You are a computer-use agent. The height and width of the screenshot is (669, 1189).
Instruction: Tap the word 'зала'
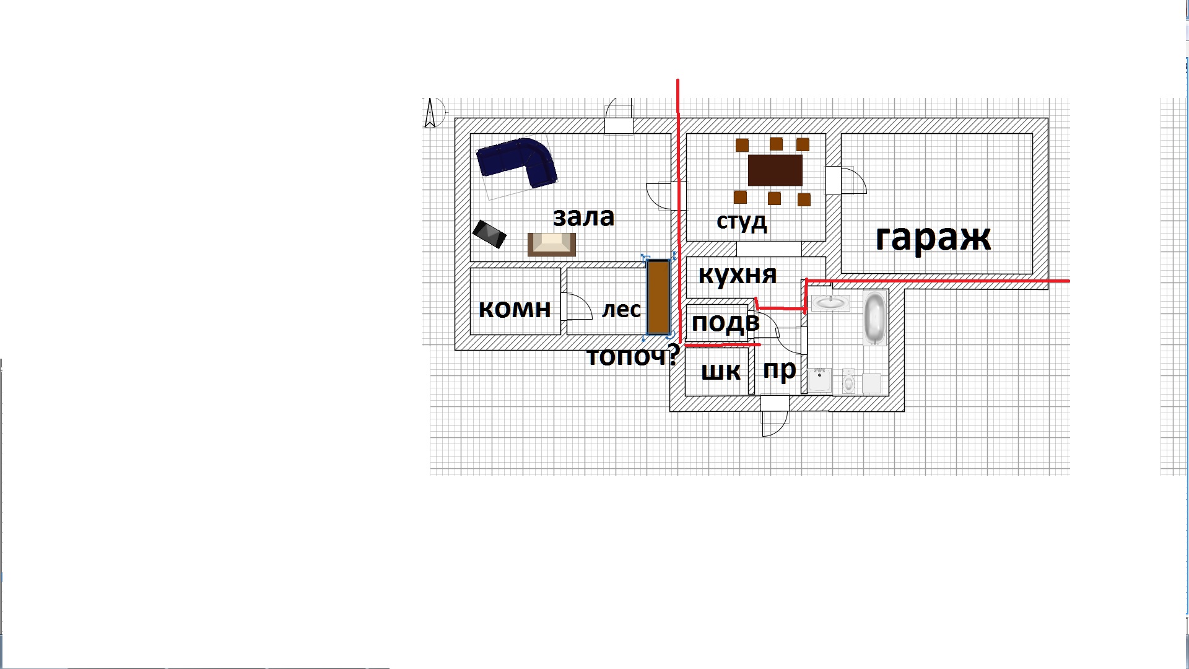pyautogui.click(x=583, y=217)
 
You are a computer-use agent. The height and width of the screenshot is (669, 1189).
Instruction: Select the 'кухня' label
pyautogui.click(x=738, y=274)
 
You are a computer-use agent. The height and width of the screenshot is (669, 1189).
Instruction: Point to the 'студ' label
pyautogui.click(x=742, y=222)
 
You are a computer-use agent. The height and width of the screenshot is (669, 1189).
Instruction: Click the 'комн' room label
pyautogui.click(x=515, y=308)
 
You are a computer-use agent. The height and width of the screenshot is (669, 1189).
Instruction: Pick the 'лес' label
pyautogui.click(x=621, y=309)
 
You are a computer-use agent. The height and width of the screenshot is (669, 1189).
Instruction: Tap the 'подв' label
pyautogui.click(x=725, y=323)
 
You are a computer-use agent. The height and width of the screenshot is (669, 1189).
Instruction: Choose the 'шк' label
pyautogui.click(x=721, y=372)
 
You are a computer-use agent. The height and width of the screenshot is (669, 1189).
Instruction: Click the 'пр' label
pyautogui.click(x=779, y=370)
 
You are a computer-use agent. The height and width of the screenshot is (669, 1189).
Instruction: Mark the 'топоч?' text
pyautogui.click(x=633, y=356)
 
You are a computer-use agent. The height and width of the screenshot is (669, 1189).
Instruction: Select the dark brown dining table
pyautogui.click(x=775, y=170)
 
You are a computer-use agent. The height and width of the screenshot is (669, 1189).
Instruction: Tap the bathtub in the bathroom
pyautogui.click(x=874, y=318)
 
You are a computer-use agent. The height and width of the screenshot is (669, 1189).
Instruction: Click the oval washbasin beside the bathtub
pyautogui.click(x=831, y=303)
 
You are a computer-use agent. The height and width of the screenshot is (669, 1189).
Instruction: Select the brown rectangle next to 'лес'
pyautogui.click(x=658, y=297)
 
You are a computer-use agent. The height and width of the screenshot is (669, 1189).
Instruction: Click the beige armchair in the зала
pyautogui.click(x=552, y=244)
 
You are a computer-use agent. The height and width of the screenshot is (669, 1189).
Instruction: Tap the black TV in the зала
pyautogui.click(x=489, y=234)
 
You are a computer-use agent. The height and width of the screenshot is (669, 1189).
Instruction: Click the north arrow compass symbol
pyautogui.click(x=430, y=113)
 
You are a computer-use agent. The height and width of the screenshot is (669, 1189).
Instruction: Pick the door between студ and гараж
pyautogui.click(x=847, y=180)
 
